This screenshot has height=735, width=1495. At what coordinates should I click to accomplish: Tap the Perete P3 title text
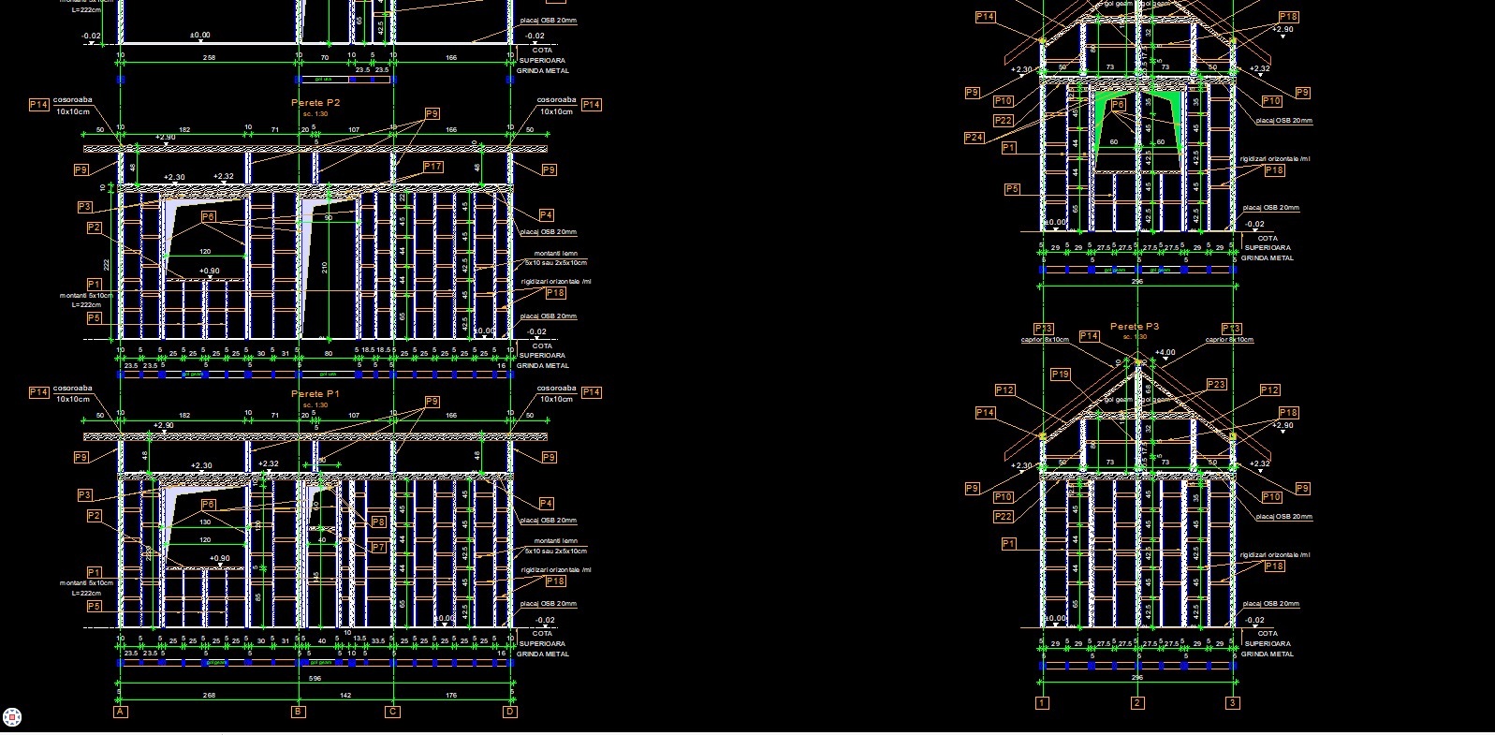1135,326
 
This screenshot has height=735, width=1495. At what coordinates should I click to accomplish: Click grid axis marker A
120,713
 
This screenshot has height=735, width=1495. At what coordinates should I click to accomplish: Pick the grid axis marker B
299,713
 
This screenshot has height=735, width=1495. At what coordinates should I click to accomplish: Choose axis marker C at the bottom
393,713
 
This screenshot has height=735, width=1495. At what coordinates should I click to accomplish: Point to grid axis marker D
510,713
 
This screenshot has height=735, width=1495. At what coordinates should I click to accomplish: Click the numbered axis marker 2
1137,703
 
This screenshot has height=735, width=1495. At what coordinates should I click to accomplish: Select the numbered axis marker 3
1234,703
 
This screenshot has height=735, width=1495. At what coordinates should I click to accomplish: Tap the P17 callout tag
432,167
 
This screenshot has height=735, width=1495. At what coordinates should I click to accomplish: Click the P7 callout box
378,547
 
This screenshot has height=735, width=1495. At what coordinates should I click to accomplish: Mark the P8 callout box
378,522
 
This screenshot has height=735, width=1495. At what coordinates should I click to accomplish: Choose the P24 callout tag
974,138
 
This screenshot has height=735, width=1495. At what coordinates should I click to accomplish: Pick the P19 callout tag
1060,374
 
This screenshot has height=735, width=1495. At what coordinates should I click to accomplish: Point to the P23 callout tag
1215,385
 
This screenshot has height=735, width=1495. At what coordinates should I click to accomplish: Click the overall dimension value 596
315,678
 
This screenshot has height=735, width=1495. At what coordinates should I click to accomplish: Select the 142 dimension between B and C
345,695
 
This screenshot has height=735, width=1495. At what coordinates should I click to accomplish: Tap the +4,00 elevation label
1165,353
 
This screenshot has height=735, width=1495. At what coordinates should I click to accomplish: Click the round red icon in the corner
13,717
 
